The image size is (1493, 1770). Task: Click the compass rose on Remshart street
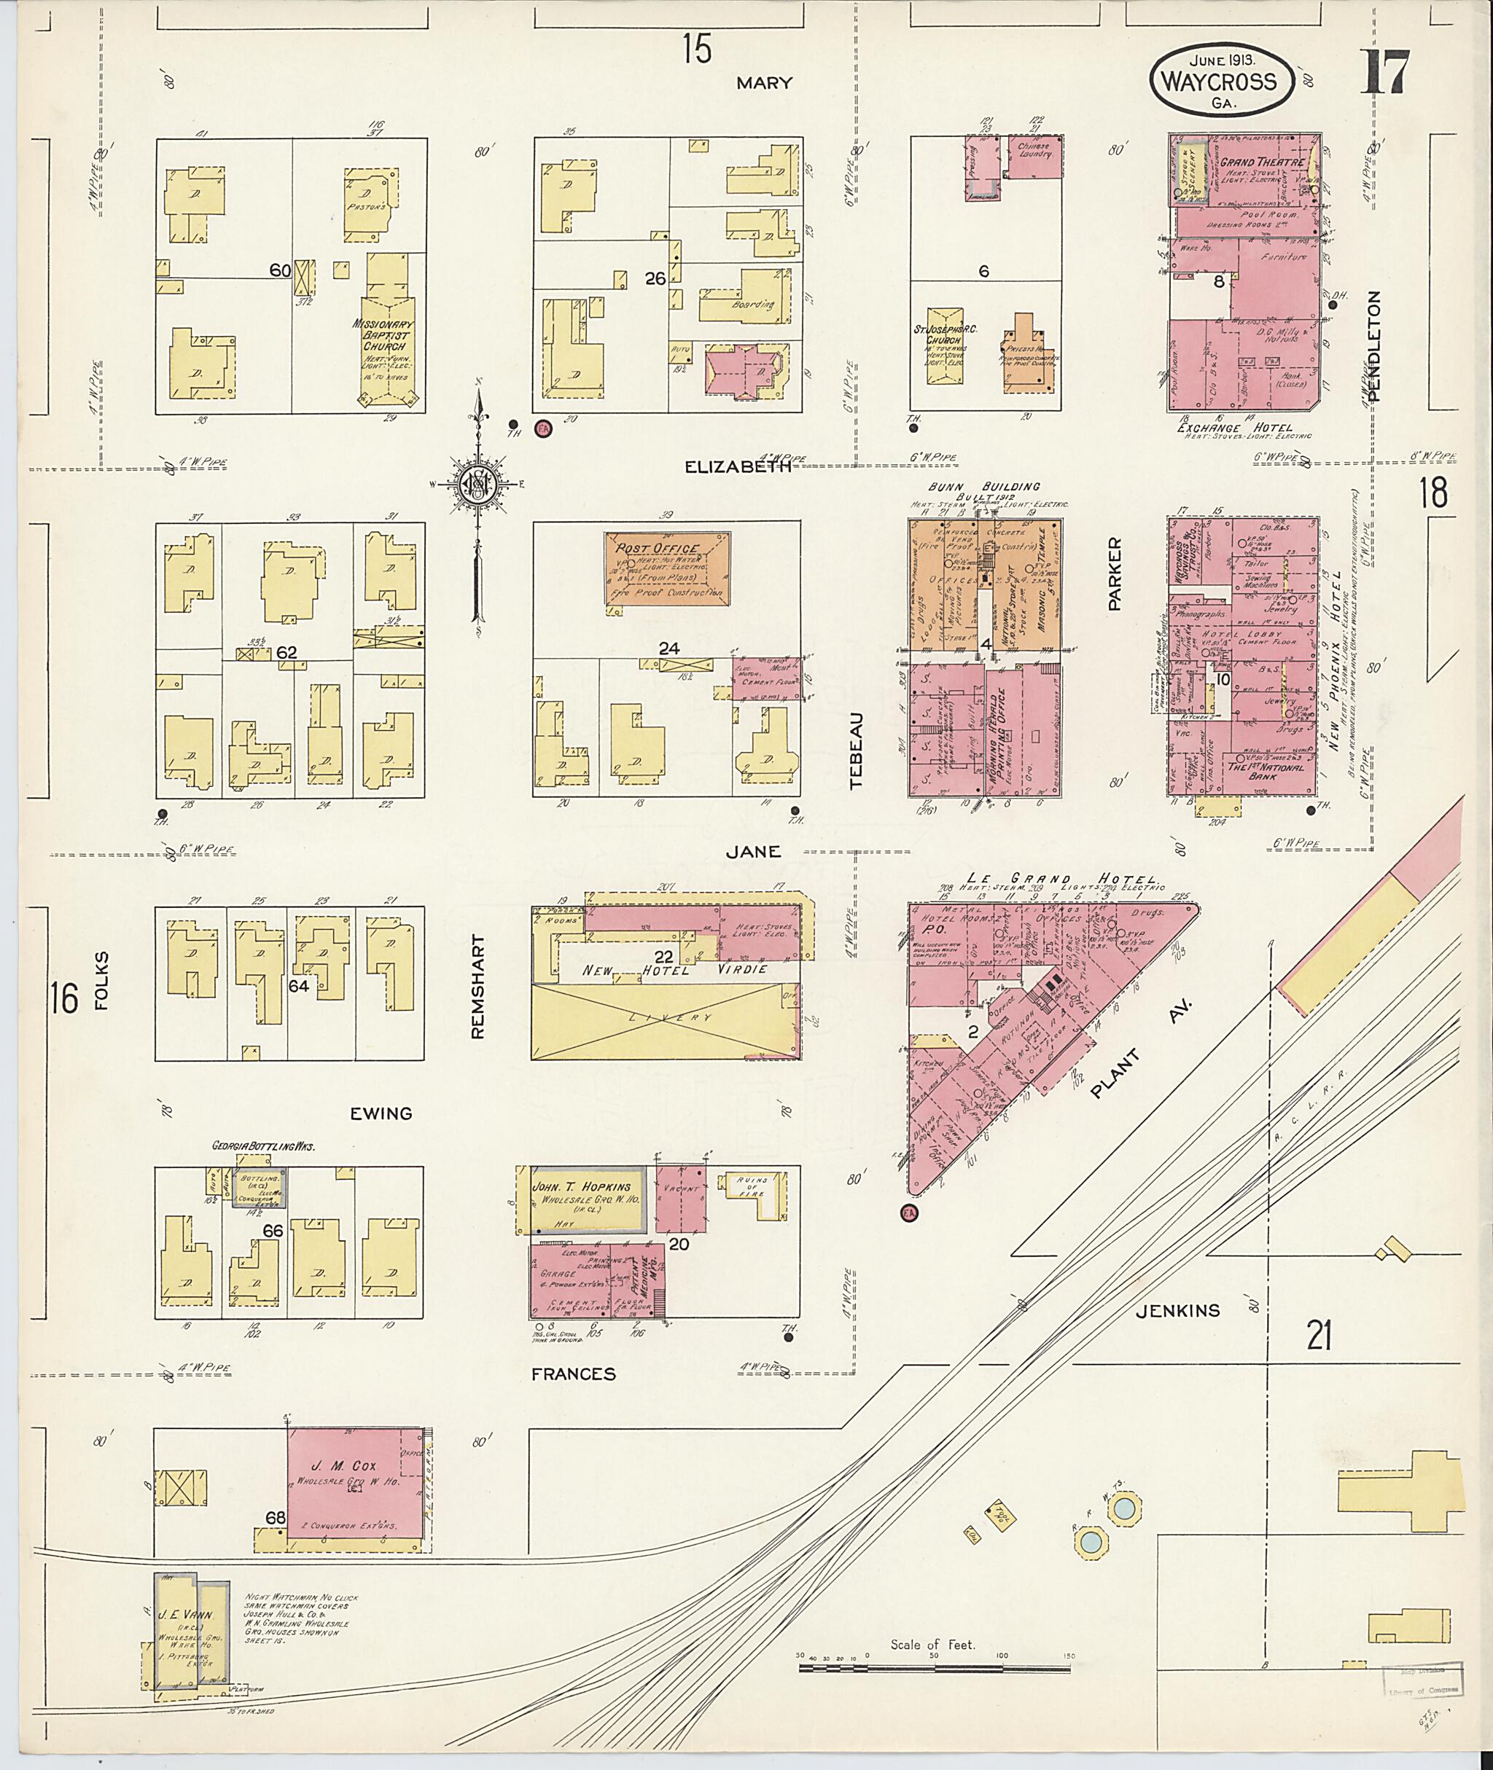coord(478,485)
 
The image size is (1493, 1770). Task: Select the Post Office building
coord(667,568)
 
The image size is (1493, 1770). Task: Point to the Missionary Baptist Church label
coord(385,335)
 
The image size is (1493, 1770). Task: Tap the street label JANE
coord(753,852)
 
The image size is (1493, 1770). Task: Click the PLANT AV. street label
coord(1141,1050)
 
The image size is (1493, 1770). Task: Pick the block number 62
coord(287,652)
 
